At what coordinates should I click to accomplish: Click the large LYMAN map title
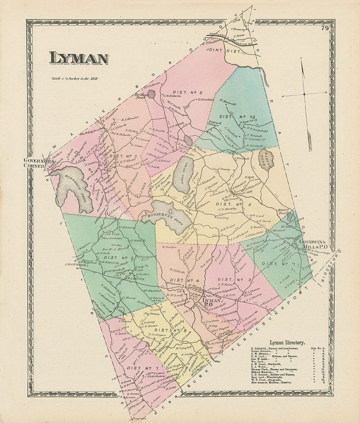[x=78, y=58]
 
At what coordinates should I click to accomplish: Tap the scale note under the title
[x=75, y=78]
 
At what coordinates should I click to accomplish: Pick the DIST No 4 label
[x=181, y=279]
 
